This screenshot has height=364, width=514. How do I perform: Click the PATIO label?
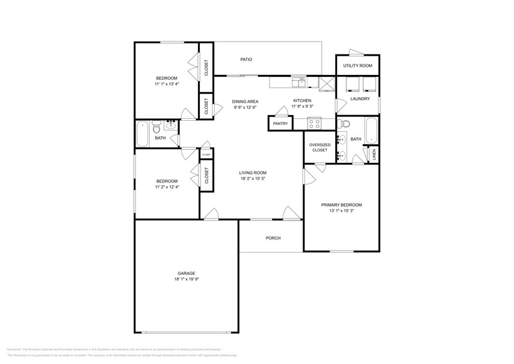(x=246, y=59)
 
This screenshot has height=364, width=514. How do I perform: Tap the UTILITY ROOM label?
(x=358, y=65)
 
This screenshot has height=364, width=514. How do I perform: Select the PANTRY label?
(x=280, y=124)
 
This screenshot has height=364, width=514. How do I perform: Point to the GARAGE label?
(x=186, y=273)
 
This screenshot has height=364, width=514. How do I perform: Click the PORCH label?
(x=273, y=238)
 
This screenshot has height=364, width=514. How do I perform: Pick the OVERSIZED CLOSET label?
(x=320, y=147)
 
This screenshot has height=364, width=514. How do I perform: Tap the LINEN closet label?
(x=374, y=155)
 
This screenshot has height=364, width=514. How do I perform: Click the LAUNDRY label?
(x=359, y=98)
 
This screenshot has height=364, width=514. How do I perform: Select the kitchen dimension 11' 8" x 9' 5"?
(x=302, y=107)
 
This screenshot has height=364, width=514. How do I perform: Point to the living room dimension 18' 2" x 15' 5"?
(x=253, y=179)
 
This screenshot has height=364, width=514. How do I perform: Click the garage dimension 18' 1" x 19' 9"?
(x=186, y=279)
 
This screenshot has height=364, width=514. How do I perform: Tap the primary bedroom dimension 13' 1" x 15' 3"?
(x=341, y=211)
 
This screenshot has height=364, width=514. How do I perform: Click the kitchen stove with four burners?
(x=314, y=123)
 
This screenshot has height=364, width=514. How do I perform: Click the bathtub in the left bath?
(x=142, y=133)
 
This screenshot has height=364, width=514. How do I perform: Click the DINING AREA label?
(x=245, y=101)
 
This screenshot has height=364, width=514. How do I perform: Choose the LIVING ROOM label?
(x=253, y=173)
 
